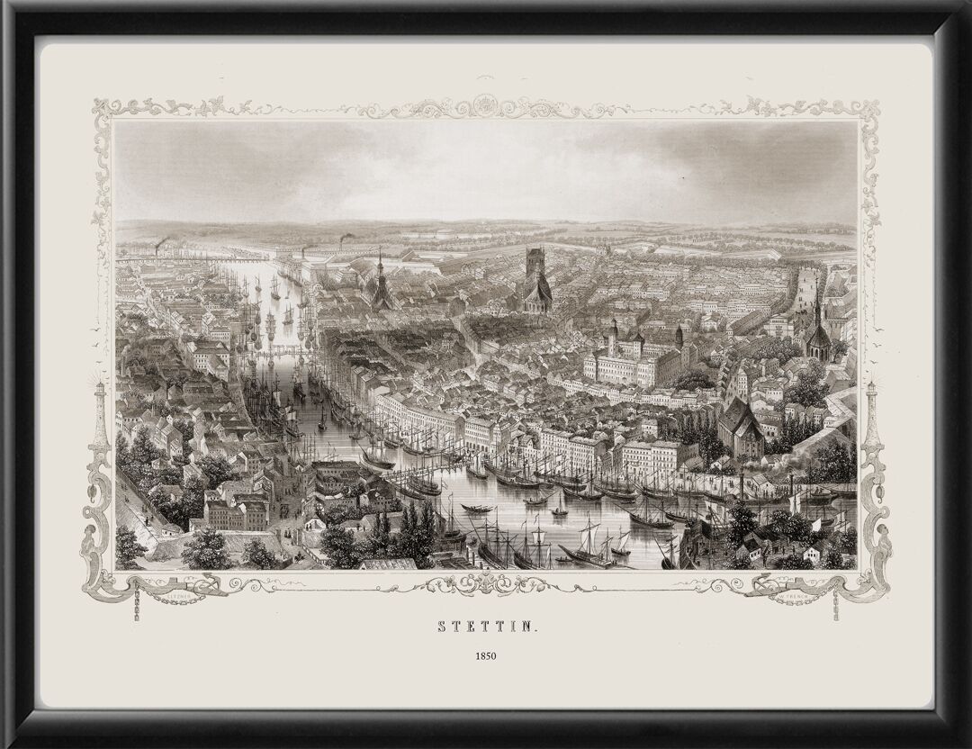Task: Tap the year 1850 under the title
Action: pyautogui.click(x=486, y=655)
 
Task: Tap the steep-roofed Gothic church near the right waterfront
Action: pyautogui.click(x=740, y=428)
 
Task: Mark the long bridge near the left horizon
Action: pyautogui.click(x=180, y=258)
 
